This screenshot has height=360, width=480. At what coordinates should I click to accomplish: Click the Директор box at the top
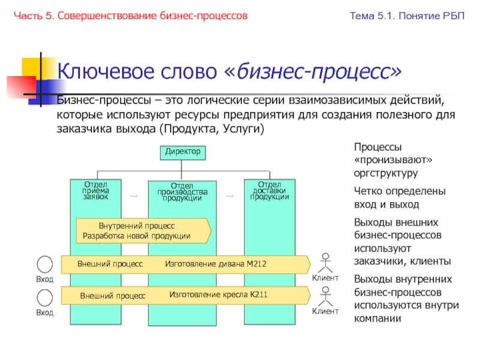coord(182,152)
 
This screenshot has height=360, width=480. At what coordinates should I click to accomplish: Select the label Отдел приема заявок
coord(96,190)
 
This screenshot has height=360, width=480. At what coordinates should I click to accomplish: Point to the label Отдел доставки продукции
coord(269,190)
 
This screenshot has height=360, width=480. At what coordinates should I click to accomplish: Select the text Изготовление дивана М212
coord(215,264)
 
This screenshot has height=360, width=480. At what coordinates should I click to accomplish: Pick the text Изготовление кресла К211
coord(218,295)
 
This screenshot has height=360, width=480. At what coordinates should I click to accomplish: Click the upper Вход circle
coord(44,264)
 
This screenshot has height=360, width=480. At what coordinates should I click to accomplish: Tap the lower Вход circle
coord(44,297)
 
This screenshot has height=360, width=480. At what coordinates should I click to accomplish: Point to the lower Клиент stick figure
coord(325,296)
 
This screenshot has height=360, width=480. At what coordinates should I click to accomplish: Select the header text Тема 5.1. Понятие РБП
coord(407,16)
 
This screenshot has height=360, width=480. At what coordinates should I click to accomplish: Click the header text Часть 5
coord(33,16)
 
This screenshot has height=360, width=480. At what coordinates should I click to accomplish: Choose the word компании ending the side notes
coord(377,318)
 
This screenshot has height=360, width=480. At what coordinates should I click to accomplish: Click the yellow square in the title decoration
coord(31,65)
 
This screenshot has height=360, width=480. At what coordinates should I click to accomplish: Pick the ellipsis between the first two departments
coord(134,196)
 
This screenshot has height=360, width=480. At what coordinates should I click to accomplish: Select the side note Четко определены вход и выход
coord(400,197)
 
